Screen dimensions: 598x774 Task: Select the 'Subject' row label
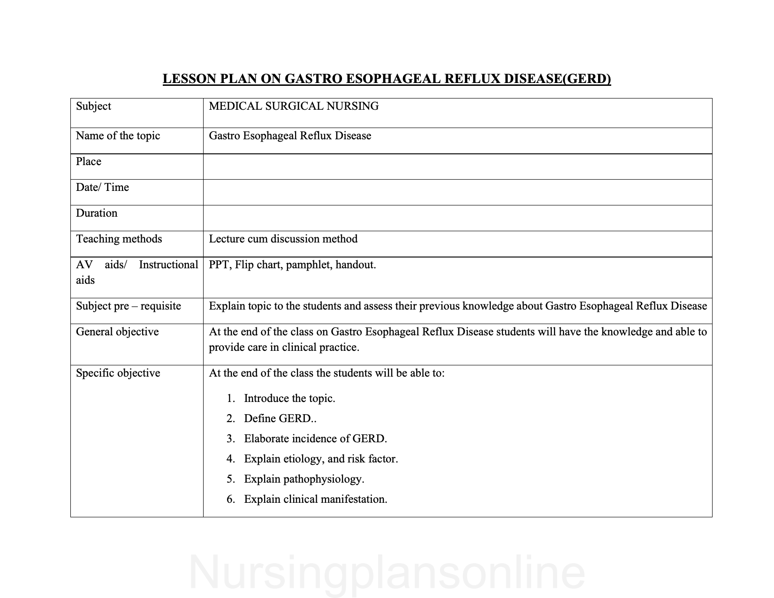tap(93, 106)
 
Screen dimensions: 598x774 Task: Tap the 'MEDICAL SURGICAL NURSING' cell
tap(294, 106)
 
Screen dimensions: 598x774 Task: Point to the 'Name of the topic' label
tap(118, 136)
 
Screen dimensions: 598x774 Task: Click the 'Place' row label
tap(89, 162)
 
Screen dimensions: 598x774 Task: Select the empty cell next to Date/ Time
tap(457, 192)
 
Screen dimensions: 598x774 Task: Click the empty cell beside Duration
tap(457, 218)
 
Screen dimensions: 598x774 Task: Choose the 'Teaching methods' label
tap(119, 239)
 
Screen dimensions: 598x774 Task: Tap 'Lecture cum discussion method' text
tap(283, 239)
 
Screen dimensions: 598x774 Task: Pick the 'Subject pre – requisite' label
tap(129, 306)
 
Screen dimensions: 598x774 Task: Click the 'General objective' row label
tap(117, 332)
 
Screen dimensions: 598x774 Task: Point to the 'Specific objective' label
tap(118, 373)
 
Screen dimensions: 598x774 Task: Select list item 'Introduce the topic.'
tap(289, 399)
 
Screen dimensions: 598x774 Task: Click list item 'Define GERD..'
tap(280, 419)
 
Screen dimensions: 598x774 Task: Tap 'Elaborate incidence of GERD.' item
tap(315, 439)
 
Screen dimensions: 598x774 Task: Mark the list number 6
tap(230, 500)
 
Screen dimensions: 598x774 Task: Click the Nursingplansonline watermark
tap(387, 573)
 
